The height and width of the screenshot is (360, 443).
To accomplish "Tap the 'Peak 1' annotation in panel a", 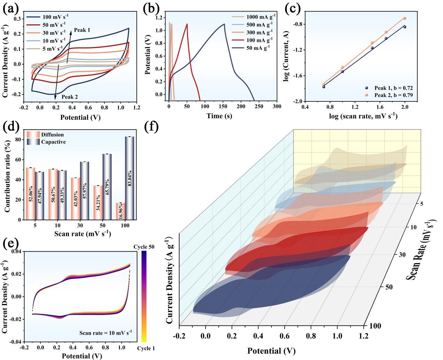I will coord(82,30).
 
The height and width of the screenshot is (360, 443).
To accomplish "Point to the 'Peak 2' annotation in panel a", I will coord(70,97).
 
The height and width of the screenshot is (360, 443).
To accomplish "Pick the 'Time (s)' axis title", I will coord(219,116).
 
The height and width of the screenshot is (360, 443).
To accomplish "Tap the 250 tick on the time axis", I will coord(259,106).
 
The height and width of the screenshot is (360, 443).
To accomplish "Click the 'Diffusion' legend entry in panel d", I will coord(52,135).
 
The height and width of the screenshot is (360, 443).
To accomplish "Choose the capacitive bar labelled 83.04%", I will coord(130,178).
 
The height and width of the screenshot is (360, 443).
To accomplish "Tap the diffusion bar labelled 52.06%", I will coord(31,193).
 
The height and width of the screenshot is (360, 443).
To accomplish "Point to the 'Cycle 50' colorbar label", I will coord(144,247).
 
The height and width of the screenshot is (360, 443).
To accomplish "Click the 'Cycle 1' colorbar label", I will coord(145,348).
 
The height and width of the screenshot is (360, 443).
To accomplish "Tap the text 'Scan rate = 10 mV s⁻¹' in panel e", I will coord(105,332).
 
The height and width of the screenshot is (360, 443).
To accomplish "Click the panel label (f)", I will coord(151,127).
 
